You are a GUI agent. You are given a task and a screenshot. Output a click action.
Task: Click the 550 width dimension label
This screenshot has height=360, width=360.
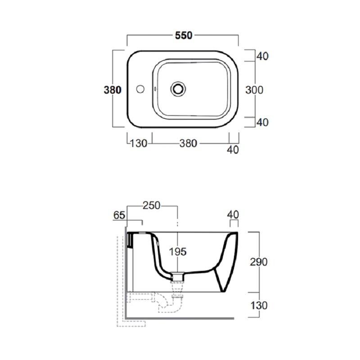tap(184, 36)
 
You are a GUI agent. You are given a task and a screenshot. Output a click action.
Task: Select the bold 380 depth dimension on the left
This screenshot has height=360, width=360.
tap(112, 90)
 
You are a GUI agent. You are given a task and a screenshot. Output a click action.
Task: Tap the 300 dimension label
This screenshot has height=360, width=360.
tap(254, 90)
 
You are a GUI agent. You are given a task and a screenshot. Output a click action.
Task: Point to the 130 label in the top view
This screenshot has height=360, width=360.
tap(139, 144)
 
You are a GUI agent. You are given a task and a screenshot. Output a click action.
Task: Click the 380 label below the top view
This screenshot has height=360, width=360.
tap(188, 143)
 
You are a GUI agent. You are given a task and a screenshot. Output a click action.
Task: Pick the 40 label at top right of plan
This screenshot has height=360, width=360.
tap(262, 56)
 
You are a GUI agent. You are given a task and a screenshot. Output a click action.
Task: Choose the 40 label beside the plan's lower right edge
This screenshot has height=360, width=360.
tap(262, 122)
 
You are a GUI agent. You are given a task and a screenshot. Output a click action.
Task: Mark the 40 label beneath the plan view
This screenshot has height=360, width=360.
tap(233, 150)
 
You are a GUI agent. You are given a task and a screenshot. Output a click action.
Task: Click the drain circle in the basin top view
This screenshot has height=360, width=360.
tap(178, 89)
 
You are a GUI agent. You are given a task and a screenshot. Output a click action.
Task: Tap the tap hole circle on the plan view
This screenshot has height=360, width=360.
tap(140, 89)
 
